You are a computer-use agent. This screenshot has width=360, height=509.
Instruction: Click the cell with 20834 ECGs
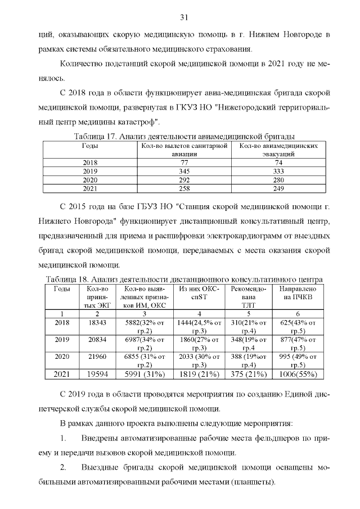(x=97, y=340)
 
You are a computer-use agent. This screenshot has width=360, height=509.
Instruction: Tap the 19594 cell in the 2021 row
(x=97, y=374)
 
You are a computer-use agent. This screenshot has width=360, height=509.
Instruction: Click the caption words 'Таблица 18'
(x=66, y=279)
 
